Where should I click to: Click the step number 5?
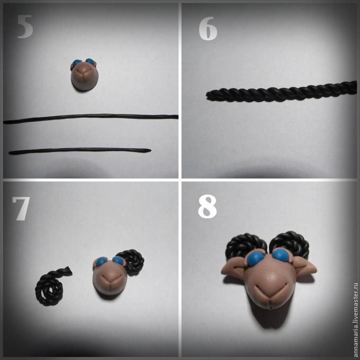click(25, 27)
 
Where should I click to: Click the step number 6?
click(208, 29)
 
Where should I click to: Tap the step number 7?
click(21, 208)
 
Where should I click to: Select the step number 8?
click(207, 207)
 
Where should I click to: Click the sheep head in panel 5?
click(84, 75)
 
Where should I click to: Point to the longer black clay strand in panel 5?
click(90, 118)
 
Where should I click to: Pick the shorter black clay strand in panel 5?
click(80, 151)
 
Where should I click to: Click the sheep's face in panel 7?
click(110, 275)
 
